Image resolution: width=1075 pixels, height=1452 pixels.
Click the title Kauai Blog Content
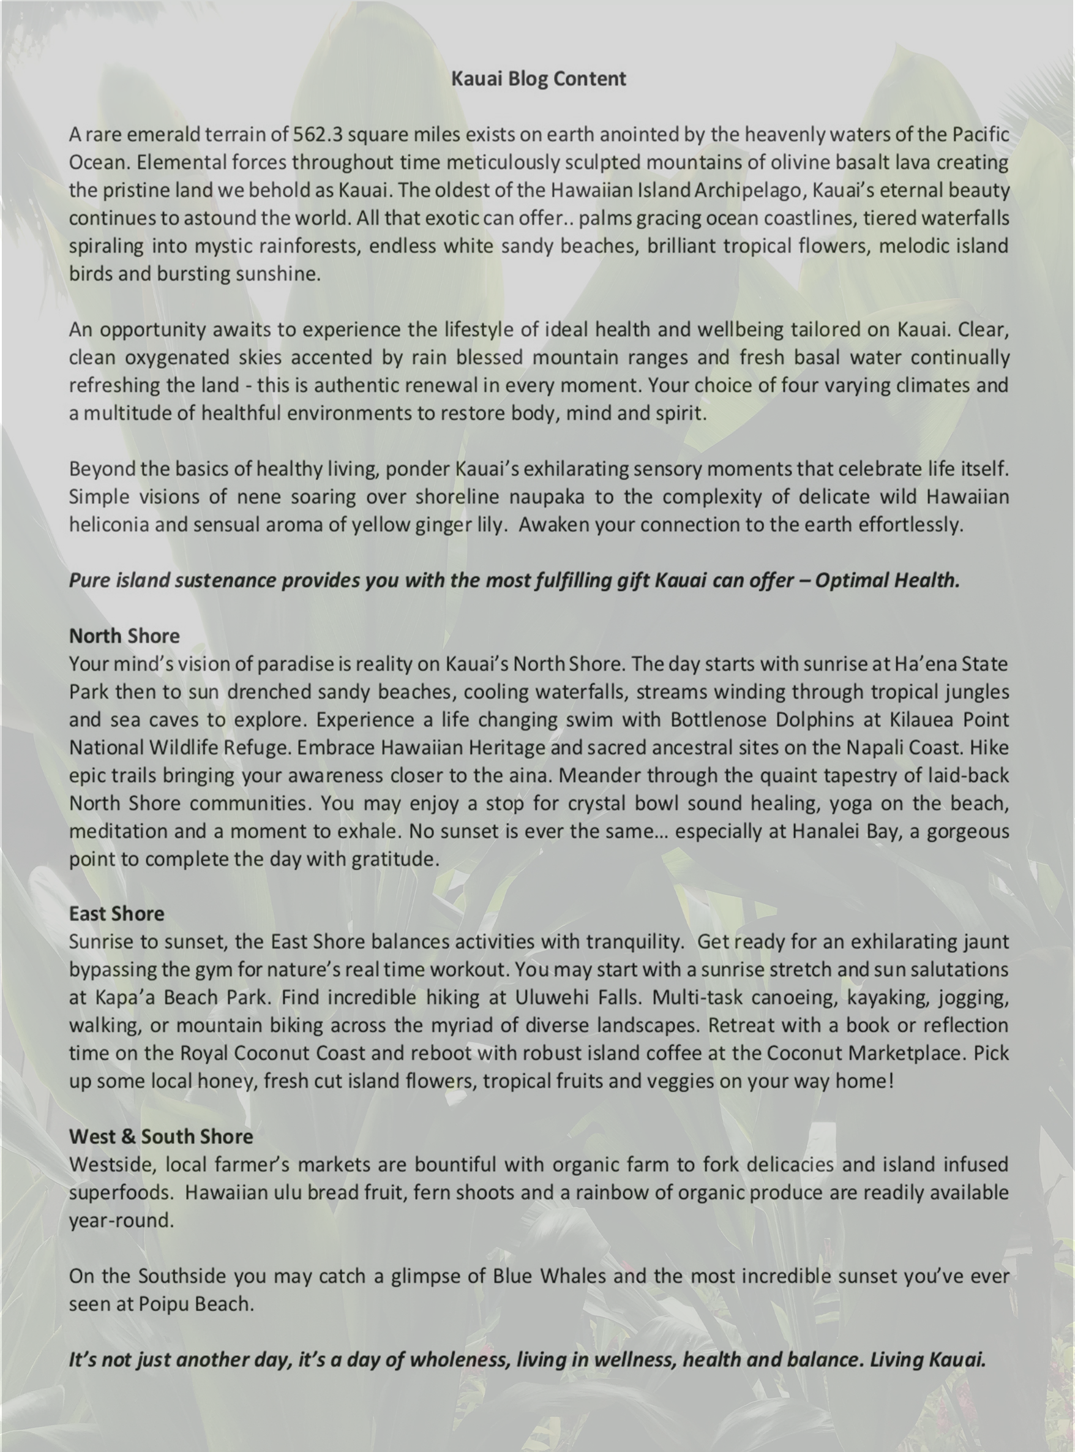[538, 79]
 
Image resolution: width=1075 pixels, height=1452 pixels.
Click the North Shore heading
[124, 636]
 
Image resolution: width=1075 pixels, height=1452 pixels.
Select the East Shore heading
[116, 914]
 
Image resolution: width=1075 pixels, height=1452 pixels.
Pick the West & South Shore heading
[161, 1137]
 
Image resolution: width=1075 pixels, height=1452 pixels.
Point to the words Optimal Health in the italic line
[887, 580]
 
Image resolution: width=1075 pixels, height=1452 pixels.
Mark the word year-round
[121, 1221]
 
